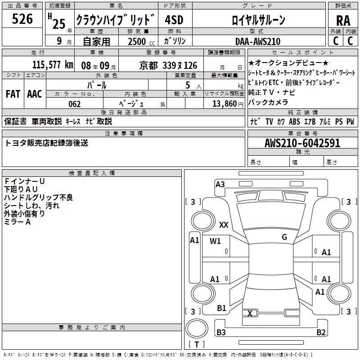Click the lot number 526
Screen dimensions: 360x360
pos(22,19)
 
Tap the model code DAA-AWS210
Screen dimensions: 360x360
pos(258,41)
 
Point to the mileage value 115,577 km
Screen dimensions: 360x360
pos(53,65)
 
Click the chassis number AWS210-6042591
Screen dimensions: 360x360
pos(302,144)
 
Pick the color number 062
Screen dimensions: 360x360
pos(75,104)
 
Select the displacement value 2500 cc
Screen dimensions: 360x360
pos(140,41)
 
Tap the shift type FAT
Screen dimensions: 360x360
pos(13,94)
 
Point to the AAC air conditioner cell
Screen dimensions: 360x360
pos(35,94)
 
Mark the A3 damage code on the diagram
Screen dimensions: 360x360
pos(220,184)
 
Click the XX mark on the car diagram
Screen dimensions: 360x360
pos(223,225)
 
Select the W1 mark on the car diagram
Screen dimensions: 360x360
pos(215,241)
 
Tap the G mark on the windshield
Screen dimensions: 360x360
pos(284,237)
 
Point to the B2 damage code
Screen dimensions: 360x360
pos(321,333)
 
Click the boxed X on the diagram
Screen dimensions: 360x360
pos(250,313)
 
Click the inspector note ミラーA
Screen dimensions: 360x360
pos(17,222)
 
